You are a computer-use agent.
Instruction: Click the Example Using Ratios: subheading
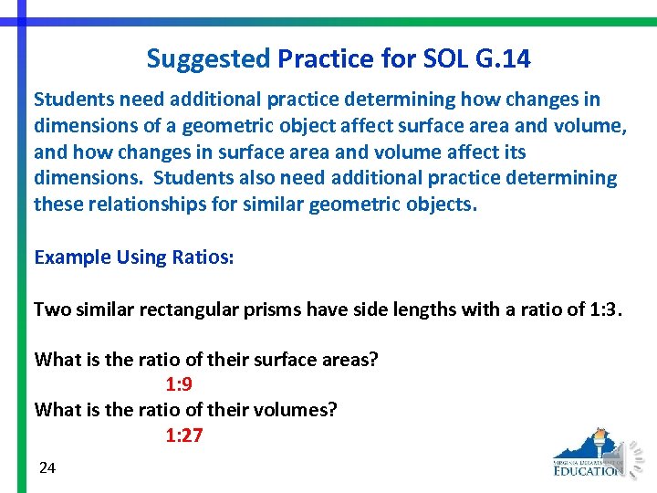click(134, 257)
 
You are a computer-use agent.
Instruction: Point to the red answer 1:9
click(178, 384)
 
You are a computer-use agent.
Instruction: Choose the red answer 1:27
click(183, 435)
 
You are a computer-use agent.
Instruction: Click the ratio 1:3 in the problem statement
click(603, 309)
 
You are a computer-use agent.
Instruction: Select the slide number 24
click(47, 468)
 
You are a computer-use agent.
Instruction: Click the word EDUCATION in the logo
click(589, 470)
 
